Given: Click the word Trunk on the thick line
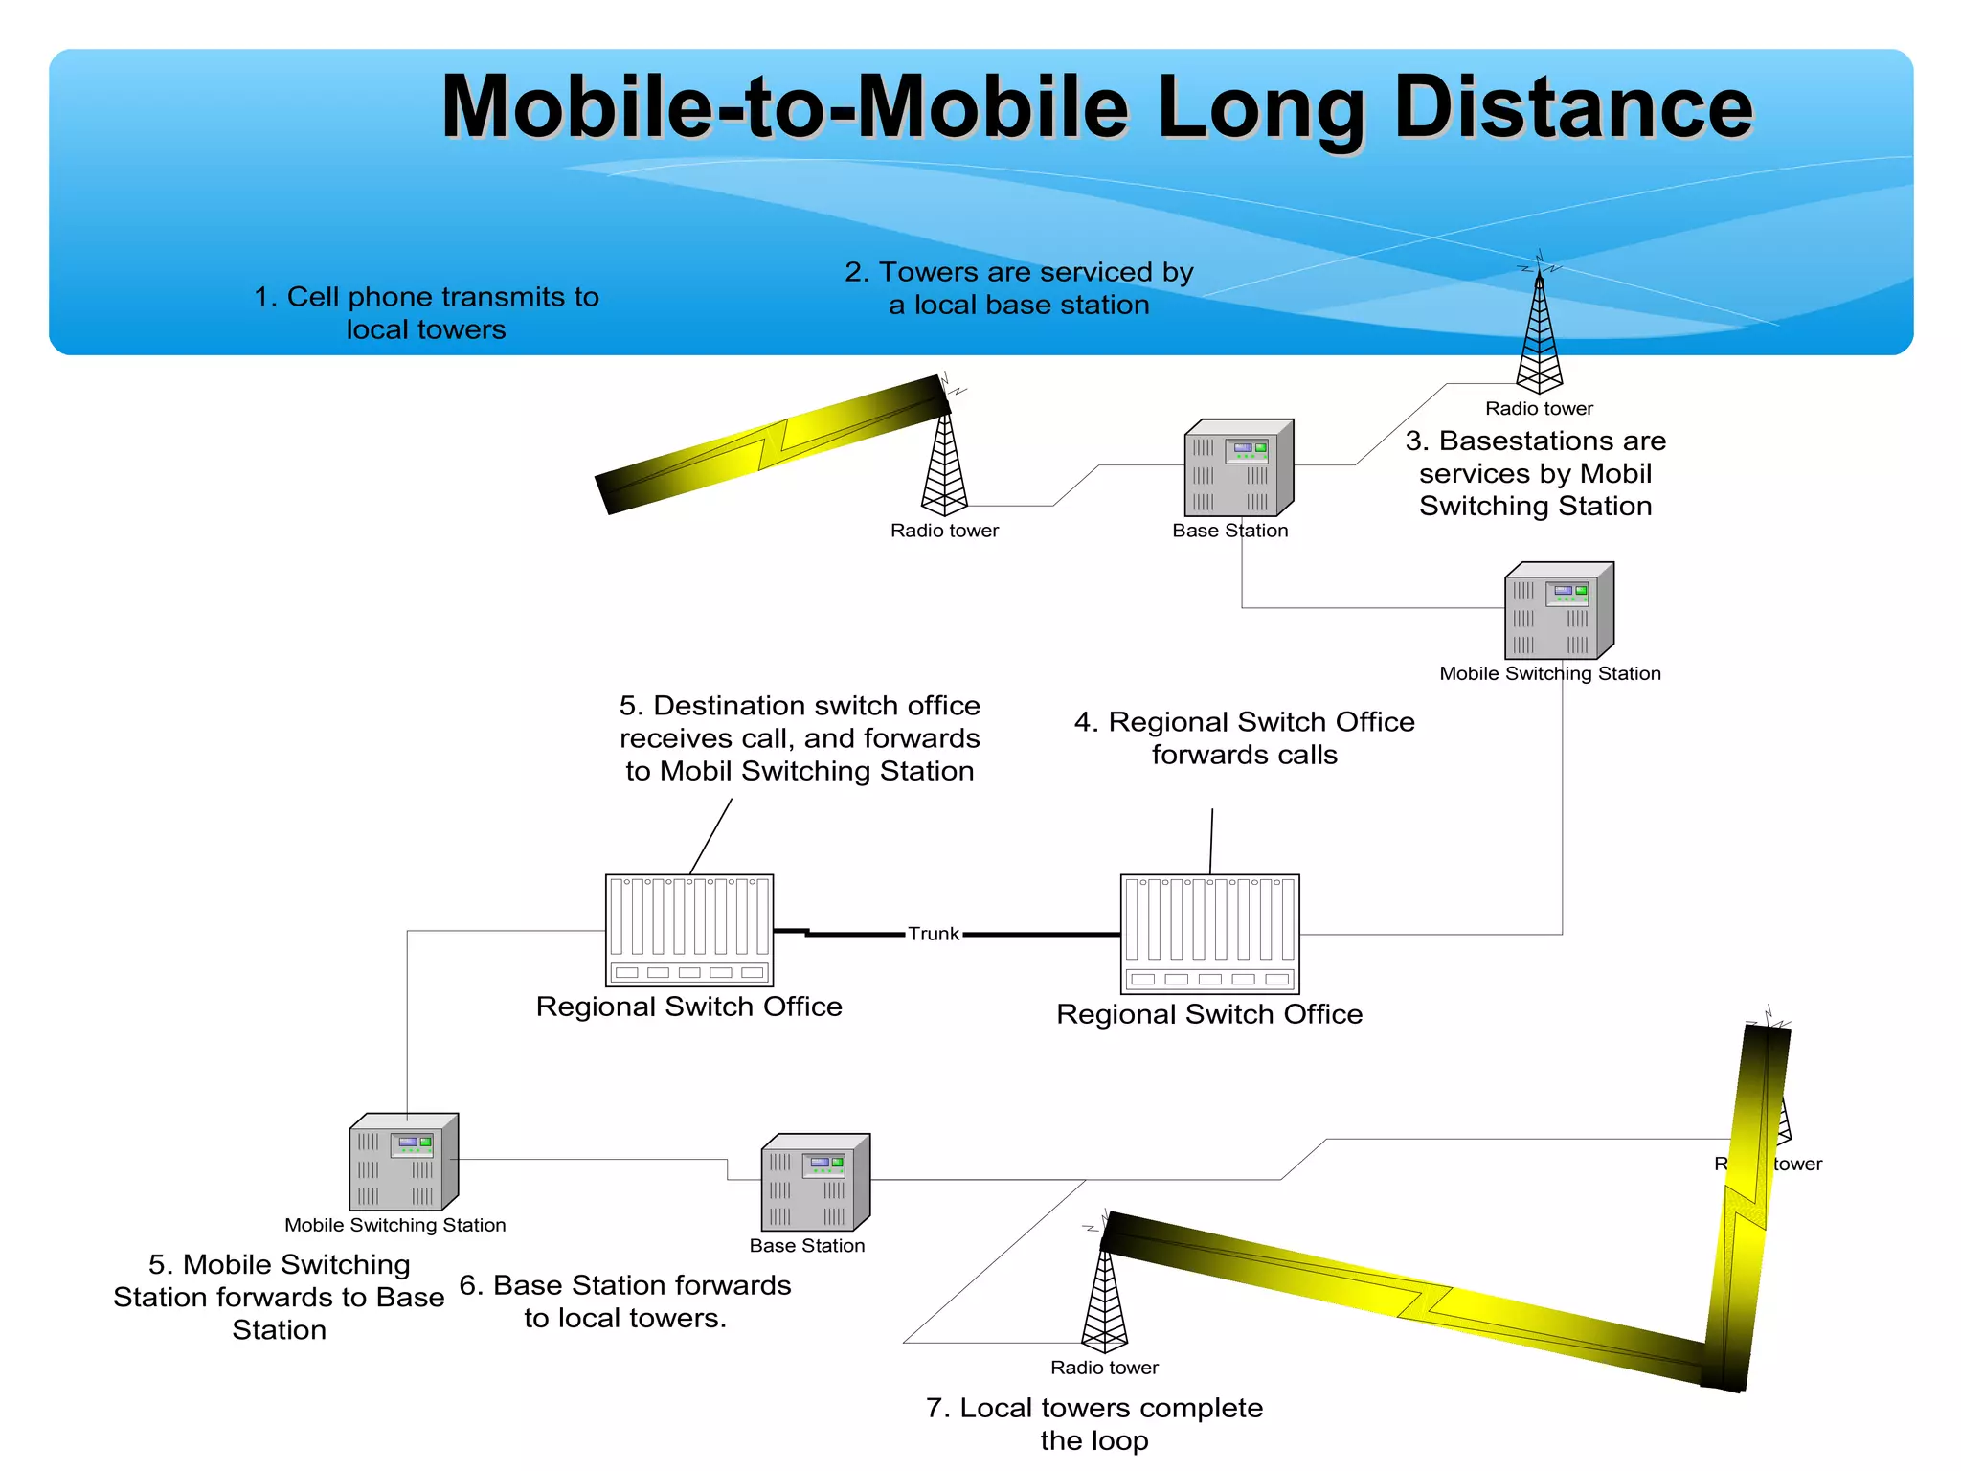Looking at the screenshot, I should [x=933, y=934].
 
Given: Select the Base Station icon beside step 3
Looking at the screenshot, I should [x=1238, y=468].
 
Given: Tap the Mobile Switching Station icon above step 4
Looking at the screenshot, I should [x=1558, y=610].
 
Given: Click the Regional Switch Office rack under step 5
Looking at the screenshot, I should [x=689, y=930].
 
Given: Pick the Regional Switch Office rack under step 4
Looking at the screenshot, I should [x=1209, y=934].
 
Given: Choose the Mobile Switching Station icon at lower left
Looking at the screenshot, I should [x=403, y=1162].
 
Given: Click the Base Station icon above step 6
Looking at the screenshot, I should [x=815, y=1183].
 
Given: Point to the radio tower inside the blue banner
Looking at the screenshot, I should [x=1539, y=330].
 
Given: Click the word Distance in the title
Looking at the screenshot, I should [x=1572, y=107].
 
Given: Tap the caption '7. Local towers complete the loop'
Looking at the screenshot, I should [x=1094, y=1423].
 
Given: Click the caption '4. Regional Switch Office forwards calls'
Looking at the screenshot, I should [x=1244, y=737].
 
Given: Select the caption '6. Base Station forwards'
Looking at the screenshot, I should [x=625, y=1301].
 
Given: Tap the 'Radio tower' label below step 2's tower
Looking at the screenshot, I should [x=944, y=531].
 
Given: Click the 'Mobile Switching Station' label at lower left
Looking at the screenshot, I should [x=394, y=1225].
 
